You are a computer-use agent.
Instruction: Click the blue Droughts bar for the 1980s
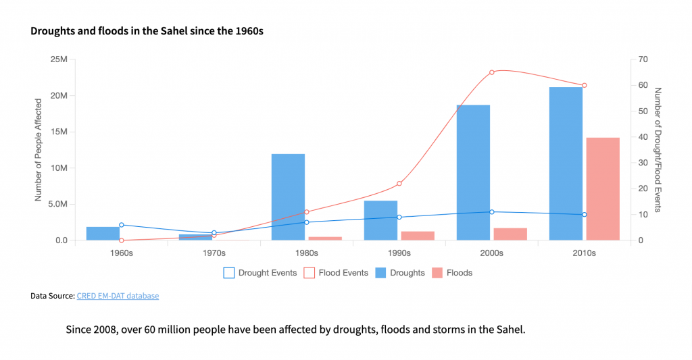point(288,197)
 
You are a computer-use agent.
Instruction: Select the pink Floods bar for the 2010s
point(603,188)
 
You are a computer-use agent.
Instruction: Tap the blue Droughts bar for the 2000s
point(473,172)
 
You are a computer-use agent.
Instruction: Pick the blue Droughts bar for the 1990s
point(380,220)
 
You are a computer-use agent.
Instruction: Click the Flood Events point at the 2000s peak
point(492,72)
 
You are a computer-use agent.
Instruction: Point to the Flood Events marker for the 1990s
point(399,184)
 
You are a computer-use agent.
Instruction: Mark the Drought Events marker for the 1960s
point(122,225)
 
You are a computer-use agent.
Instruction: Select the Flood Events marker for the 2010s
point(585,85)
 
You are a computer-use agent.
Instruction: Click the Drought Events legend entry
point(260,273)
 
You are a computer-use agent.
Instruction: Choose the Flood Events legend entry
point(336,273)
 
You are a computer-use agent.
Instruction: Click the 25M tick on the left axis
point(59,59)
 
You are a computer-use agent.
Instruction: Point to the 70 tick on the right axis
point(643,59)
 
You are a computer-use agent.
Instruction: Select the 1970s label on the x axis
point(214,254)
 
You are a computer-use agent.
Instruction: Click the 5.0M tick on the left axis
point(56,204)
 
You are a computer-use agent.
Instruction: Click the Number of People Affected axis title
point(39,149)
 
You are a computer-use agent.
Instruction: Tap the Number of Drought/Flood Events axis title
point(658,149)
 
